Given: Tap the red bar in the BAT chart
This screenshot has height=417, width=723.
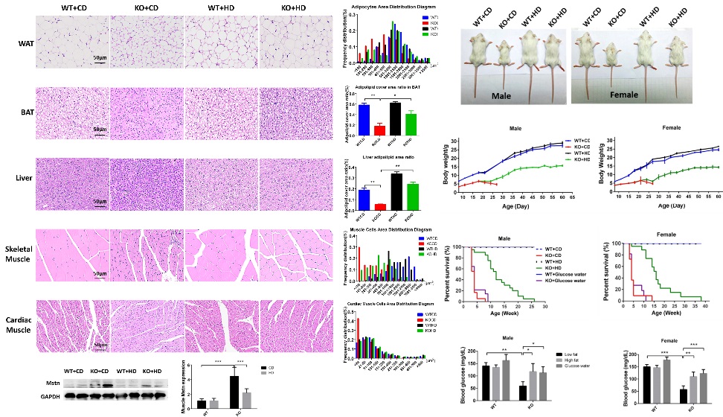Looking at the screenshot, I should pyautogui.click(x=379, y=129).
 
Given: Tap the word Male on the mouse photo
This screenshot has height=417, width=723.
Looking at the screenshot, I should pyautogui.click(x=505, y=95).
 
